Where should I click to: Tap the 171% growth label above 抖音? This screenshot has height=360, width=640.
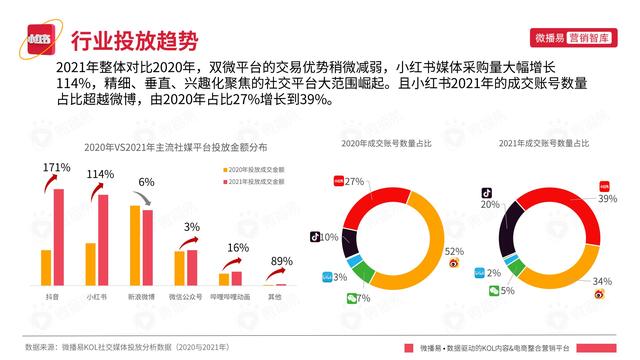click(x=57, y=166)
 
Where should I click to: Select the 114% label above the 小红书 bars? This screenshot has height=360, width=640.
click(x=100, y=174)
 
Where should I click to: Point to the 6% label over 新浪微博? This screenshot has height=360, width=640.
click(x=146, y=182)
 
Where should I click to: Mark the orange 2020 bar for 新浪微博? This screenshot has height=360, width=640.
click(x=134, y=246)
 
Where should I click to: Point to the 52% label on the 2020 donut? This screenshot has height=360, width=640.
click(x=452, y=250)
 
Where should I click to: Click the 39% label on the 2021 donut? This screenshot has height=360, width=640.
click(x=606, y=199)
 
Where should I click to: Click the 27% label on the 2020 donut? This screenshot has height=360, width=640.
click(x=353, y=182)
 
